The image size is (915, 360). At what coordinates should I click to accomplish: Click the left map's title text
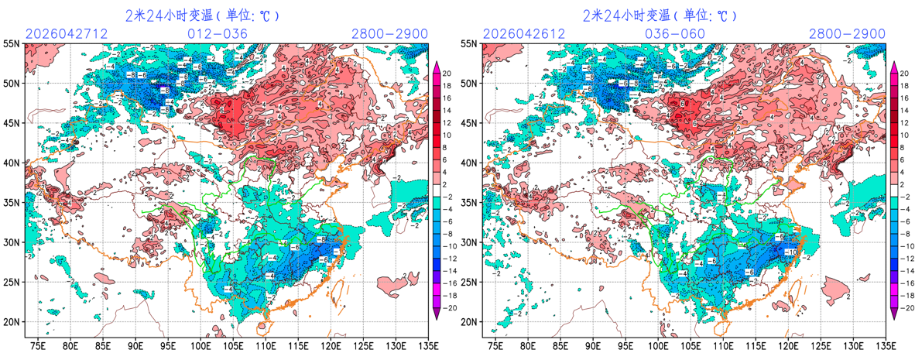202,15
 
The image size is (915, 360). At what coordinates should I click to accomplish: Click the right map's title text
660,15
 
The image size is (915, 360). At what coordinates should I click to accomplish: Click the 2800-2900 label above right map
847,34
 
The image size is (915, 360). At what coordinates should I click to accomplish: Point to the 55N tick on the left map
11,44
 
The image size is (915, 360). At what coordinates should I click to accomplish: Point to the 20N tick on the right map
469,322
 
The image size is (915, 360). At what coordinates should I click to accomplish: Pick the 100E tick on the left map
200,345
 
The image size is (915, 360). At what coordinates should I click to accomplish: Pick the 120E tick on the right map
789,345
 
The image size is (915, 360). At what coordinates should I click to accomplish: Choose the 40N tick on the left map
11,163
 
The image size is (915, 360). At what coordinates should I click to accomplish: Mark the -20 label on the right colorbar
903,307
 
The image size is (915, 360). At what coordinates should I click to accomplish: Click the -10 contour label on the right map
791,252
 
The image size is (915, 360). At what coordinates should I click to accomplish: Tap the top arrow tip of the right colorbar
893,63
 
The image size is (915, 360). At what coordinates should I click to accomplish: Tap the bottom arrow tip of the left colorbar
436,317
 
